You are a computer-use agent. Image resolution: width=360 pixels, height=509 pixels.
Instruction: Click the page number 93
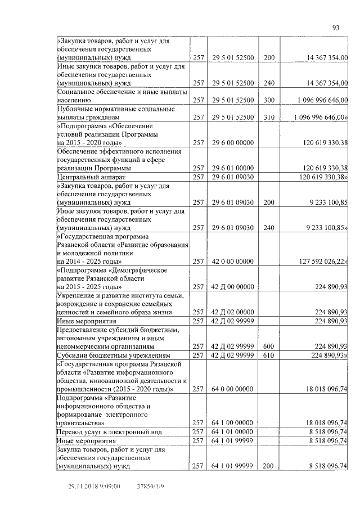click(336, 26)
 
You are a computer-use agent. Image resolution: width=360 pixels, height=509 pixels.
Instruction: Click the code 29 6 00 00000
click(232, 143)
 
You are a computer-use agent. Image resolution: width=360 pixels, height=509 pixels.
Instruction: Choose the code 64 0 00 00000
click(232, 388)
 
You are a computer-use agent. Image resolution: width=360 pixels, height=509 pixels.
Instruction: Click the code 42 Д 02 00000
click(232, 312)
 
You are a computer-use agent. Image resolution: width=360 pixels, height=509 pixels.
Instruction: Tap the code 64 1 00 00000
click(232, 422)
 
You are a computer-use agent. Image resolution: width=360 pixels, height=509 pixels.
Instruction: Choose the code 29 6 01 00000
click(232, 168)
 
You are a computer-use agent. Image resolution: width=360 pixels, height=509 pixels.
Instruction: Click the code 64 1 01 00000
click(232, 431)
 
